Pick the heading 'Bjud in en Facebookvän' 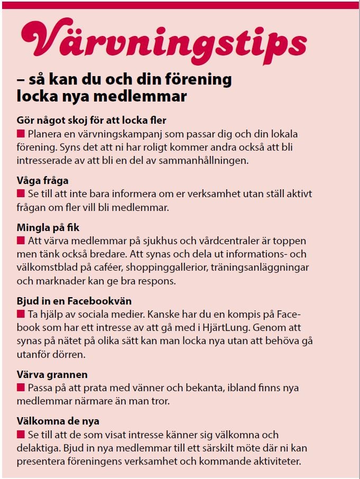point(74,301)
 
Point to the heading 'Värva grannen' point(52,375)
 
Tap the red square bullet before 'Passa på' point(21,388)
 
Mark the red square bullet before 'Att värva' point(21,240)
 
